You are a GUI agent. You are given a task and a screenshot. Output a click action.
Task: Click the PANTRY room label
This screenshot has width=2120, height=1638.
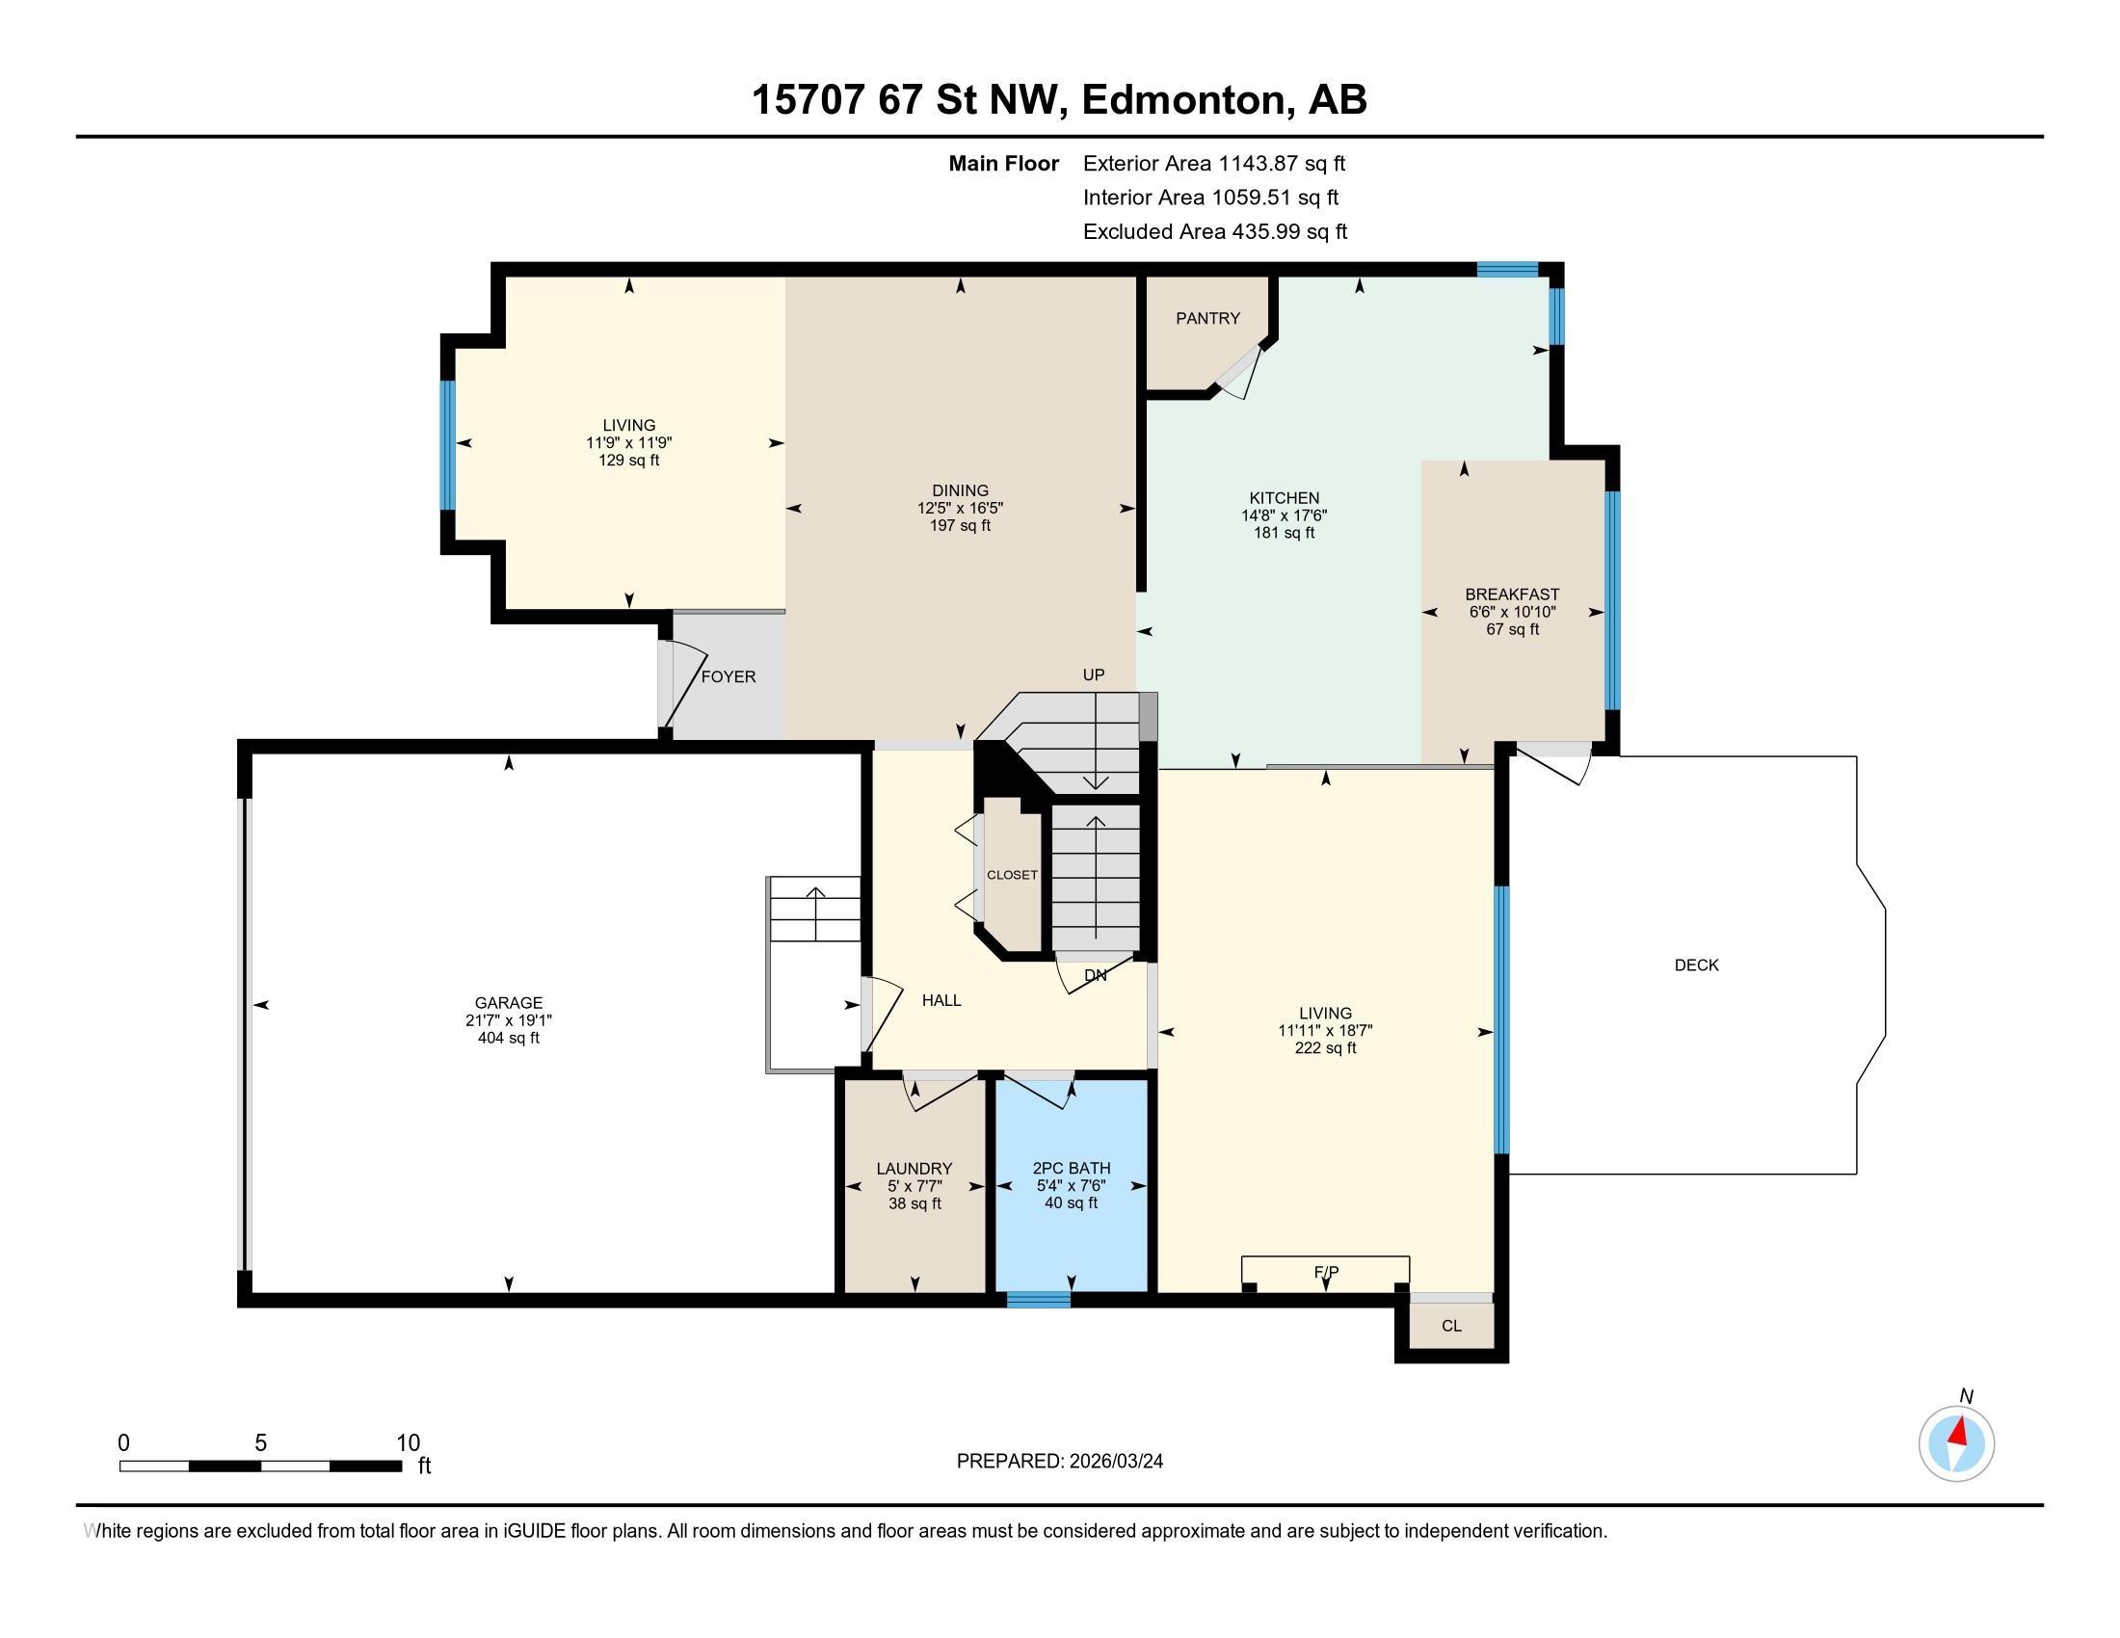click(x=1207, y=318)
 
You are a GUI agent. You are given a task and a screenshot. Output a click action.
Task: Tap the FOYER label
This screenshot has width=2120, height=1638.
click(x=728, y=677)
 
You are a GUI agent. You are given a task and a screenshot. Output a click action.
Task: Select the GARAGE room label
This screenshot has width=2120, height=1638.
click(x=509, y=1003)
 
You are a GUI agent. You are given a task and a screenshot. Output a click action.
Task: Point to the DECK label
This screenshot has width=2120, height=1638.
click(x=1697, y=965)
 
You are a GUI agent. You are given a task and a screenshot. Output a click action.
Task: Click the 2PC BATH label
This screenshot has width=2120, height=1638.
click(x=1072, y=1169)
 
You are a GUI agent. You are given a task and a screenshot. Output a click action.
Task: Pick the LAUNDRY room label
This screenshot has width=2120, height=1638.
click(x=914, y=1170)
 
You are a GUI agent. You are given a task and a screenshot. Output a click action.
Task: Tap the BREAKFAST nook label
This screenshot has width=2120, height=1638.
click(x=1512, y=594)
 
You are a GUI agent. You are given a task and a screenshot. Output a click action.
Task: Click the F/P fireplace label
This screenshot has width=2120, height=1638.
click(x=1326, y=1272)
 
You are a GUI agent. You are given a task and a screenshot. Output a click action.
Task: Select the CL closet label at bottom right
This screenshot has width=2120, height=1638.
click(x=1451, y=1327)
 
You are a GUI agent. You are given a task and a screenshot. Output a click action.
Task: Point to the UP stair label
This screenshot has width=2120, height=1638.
click(x=1094, y=675)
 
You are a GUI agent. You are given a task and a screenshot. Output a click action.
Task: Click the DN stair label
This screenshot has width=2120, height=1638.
click(x=1095, y=976)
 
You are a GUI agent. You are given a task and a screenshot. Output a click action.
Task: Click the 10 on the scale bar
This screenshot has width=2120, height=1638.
click(x=409, y=1443)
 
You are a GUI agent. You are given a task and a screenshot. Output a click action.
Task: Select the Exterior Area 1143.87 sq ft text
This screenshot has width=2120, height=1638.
click(x=1214, y=164)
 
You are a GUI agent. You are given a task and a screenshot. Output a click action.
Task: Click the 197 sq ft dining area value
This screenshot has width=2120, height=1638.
click(x=960, y=526)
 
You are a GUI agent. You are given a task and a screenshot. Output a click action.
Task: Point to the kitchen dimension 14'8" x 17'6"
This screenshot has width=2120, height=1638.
click(x=1285, y=516)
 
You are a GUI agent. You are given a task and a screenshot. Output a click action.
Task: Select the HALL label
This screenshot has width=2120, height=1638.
click(x=941, y=1000)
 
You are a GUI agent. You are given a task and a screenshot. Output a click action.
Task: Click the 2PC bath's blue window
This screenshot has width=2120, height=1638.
click(x=1038, y=1301)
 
